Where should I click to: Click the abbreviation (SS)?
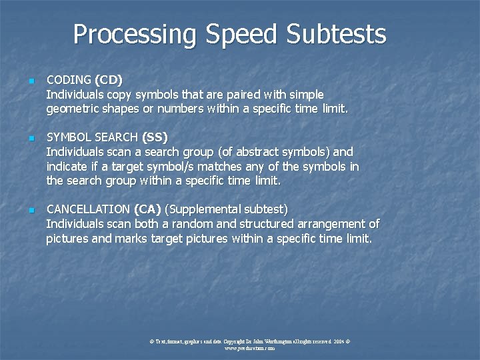(x=155, y=137)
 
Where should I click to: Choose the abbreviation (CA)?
(x=147, y=209)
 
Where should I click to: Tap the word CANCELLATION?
(x=88, y=209)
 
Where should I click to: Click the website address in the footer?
(x=249, y=348)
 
